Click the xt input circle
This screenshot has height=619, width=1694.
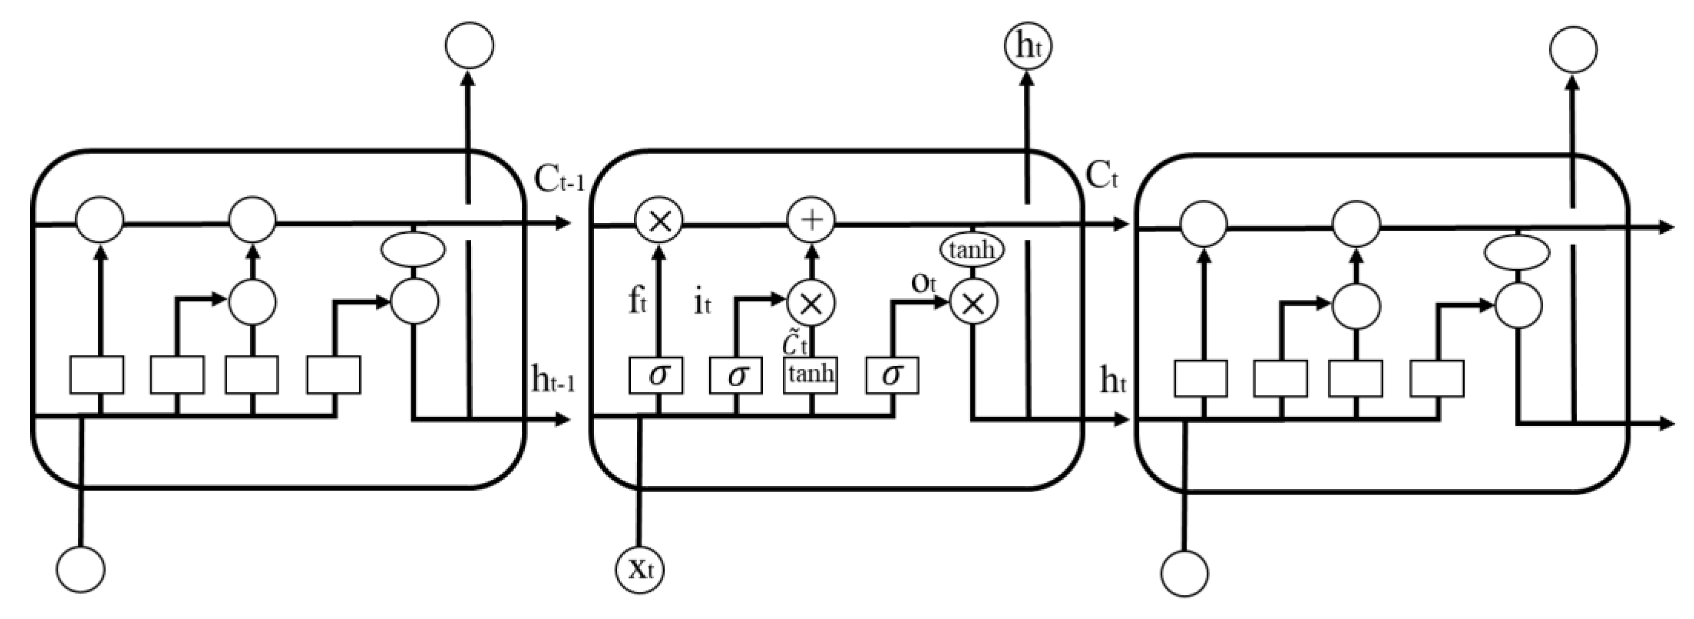coord(639,570)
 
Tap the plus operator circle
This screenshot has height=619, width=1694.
coord(811,220)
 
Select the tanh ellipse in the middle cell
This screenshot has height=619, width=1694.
coord(973,250)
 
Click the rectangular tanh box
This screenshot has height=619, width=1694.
coord(810,375)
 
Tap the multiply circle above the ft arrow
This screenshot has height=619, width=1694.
coord(659,221)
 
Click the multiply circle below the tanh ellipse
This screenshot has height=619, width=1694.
coord(973,302)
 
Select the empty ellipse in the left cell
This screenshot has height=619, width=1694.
coord(413,249)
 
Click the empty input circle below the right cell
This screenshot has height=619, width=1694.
coord(1184,573)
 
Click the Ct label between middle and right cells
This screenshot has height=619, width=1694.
coord(1102,176)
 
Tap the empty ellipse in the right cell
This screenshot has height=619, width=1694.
coord(1517,253)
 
